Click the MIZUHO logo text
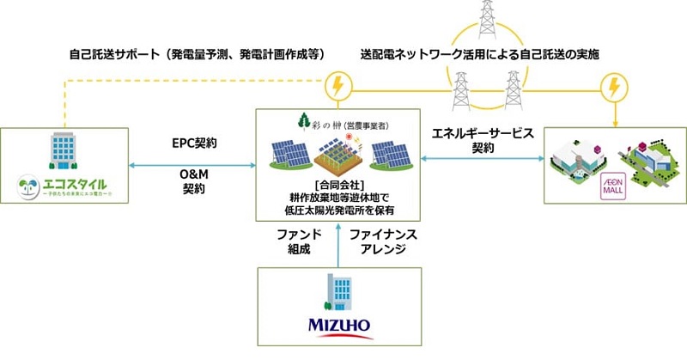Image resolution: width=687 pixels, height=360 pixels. coord(340,327)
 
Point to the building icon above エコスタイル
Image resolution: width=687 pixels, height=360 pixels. coord(65,153)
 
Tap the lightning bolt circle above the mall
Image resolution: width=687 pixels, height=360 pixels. coord(613,87)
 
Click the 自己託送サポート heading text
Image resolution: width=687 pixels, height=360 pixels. coord(197,54)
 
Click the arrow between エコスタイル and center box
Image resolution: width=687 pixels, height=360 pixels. coord(193,162)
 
